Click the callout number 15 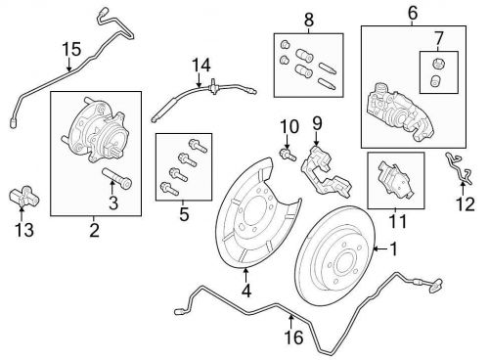(71, 49)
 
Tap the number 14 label (201, 66)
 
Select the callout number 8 (309, 20)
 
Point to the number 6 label (413, 13)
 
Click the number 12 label (466, 204)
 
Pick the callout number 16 (293, 337)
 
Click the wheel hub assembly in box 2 (95, 130)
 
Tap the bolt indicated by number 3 (117, 178)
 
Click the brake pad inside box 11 (395, 180)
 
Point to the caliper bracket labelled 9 (326, 171)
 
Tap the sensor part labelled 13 (23, 197)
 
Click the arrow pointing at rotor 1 (379, 249)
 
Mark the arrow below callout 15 (68, 65)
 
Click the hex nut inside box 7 (438, 64)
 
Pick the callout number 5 (184, 214)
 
